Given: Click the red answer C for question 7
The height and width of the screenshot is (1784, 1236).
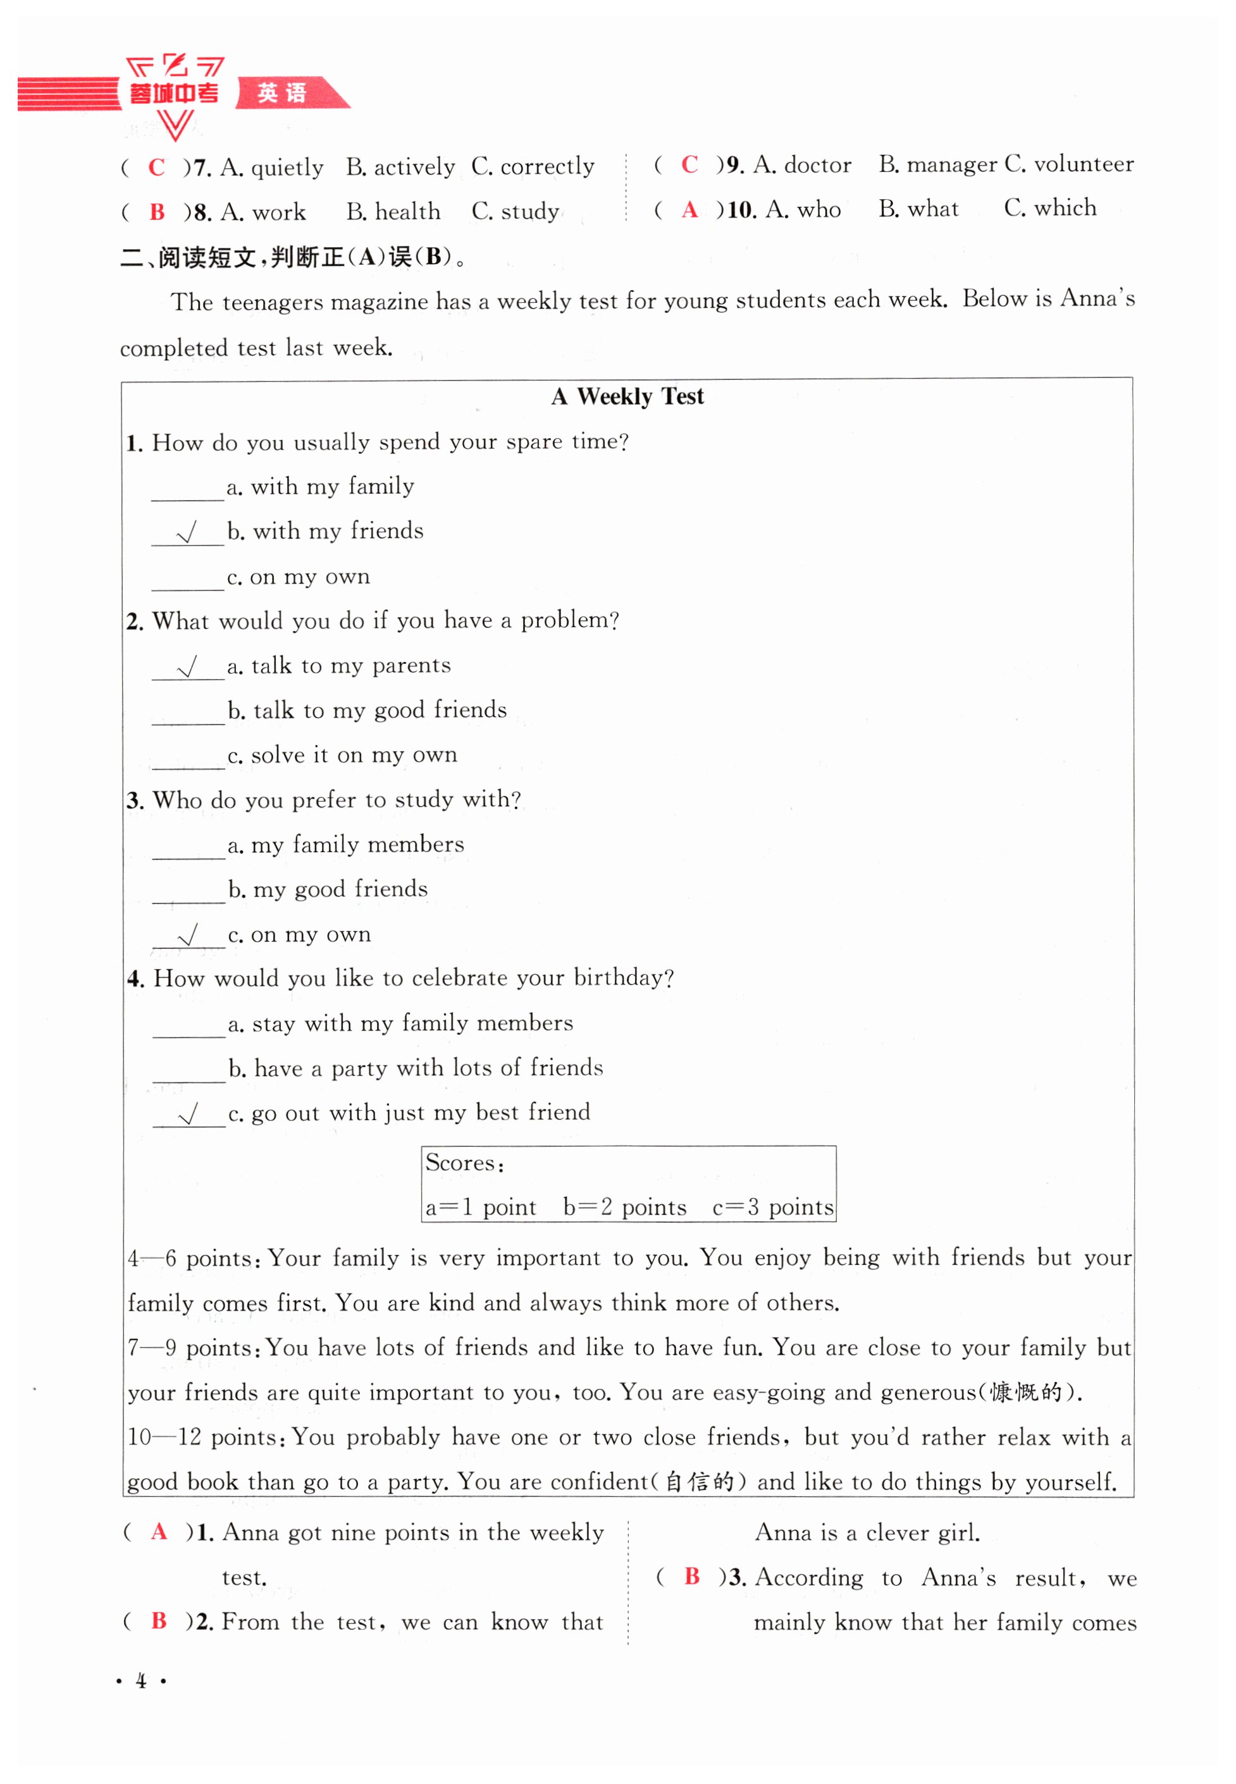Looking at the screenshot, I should (x=156, y=167).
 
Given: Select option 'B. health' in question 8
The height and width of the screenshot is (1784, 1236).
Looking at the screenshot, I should (x=393, y=211).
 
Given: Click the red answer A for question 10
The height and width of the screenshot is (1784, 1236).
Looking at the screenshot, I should (x=689, y=210).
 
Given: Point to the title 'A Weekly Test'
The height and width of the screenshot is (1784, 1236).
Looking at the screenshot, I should (x=627, y=396).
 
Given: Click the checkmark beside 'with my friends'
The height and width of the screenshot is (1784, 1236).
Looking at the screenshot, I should (x=187, y=532).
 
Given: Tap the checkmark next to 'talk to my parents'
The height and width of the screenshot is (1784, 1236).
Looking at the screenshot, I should (x=187, y=666).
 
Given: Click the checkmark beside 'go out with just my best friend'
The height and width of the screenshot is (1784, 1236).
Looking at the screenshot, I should (x=188, y=1115).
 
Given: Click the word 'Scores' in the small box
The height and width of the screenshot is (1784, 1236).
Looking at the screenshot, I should (x=460, y=1163).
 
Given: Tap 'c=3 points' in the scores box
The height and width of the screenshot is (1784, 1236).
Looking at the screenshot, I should (x=772, y=1207).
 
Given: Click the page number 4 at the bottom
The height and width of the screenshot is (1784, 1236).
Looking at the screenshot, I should (x=141, y=1681).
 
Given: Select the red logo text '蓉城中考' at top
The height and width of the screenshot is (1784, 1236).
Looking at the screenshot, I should (x=174, y=94).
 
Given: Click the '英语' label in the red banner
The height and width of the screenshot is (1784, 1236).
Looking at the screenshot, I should (x=282, y=93).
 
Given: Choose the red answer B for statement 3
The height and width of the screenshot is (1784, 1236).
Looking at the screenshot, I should (x=691, y=1577).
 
